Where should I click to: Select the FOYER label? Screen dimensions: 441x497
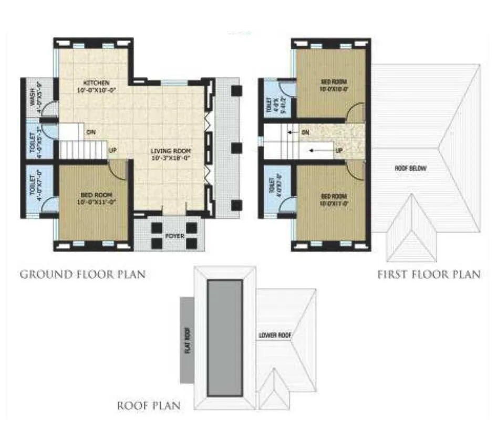(175, 236)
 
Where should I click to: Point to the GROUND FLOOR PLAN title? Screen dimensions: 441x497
(82, 274)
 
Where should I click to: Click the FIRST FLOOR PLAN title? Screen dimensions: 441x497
(429, 274)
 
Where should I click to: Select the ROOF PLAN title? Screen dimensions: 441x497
(149, 405)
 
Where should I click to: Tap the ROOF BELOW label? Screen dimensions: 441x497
(411, 169)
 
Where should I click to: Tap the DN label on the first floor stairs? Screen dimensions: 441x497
(305, 132)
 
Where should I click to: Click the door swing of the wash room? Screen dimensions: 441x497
(50, 109)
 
